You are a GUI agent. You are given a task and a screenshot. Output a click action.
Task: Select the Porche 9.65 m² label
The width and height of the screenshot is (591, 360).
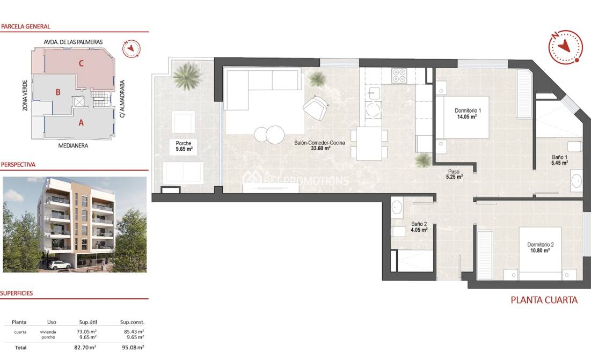[183, 146]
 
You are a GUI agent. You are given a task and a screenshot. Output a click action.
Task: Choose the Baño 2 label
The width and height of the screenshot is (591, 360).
[419, 227]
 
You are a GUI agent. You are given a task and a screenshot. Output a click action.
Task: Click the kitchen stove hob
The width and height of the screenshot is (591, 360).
[399, 76]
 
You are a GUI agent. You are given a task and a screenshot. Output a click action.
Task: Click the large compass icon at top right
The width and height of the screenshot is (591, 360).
[565, 47]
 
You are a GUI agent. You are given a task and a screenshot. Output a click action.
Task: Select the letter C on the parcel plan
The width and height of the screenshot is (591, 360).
[81, 63]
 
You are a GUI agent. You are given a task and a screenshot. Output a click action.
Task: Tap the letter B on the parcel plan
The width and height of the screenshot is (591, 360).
[57, 92]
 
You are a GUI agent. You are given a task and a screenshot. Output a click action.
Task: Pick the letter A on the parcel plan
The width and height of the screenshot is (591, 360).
[81, 122]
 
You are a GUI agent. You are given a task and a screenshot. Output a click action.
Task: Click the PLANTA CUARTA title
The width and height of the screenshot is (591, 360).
[544, 300]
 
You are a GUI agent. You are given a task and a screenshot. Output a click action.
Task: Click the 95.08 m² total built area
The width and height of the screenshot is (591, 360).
[132, 348]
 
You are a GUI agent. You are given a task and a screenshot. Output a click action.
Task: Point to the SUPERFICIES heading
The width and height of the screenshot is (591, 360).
[17, 293]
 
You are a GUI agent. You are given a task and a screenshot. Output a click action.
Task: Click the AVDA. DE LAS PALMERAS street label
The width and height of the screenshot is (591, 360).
[74, 41]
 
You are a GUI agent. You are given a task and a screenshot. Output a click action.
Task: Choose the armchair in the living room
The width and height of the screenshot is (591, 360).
[315, 107]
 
